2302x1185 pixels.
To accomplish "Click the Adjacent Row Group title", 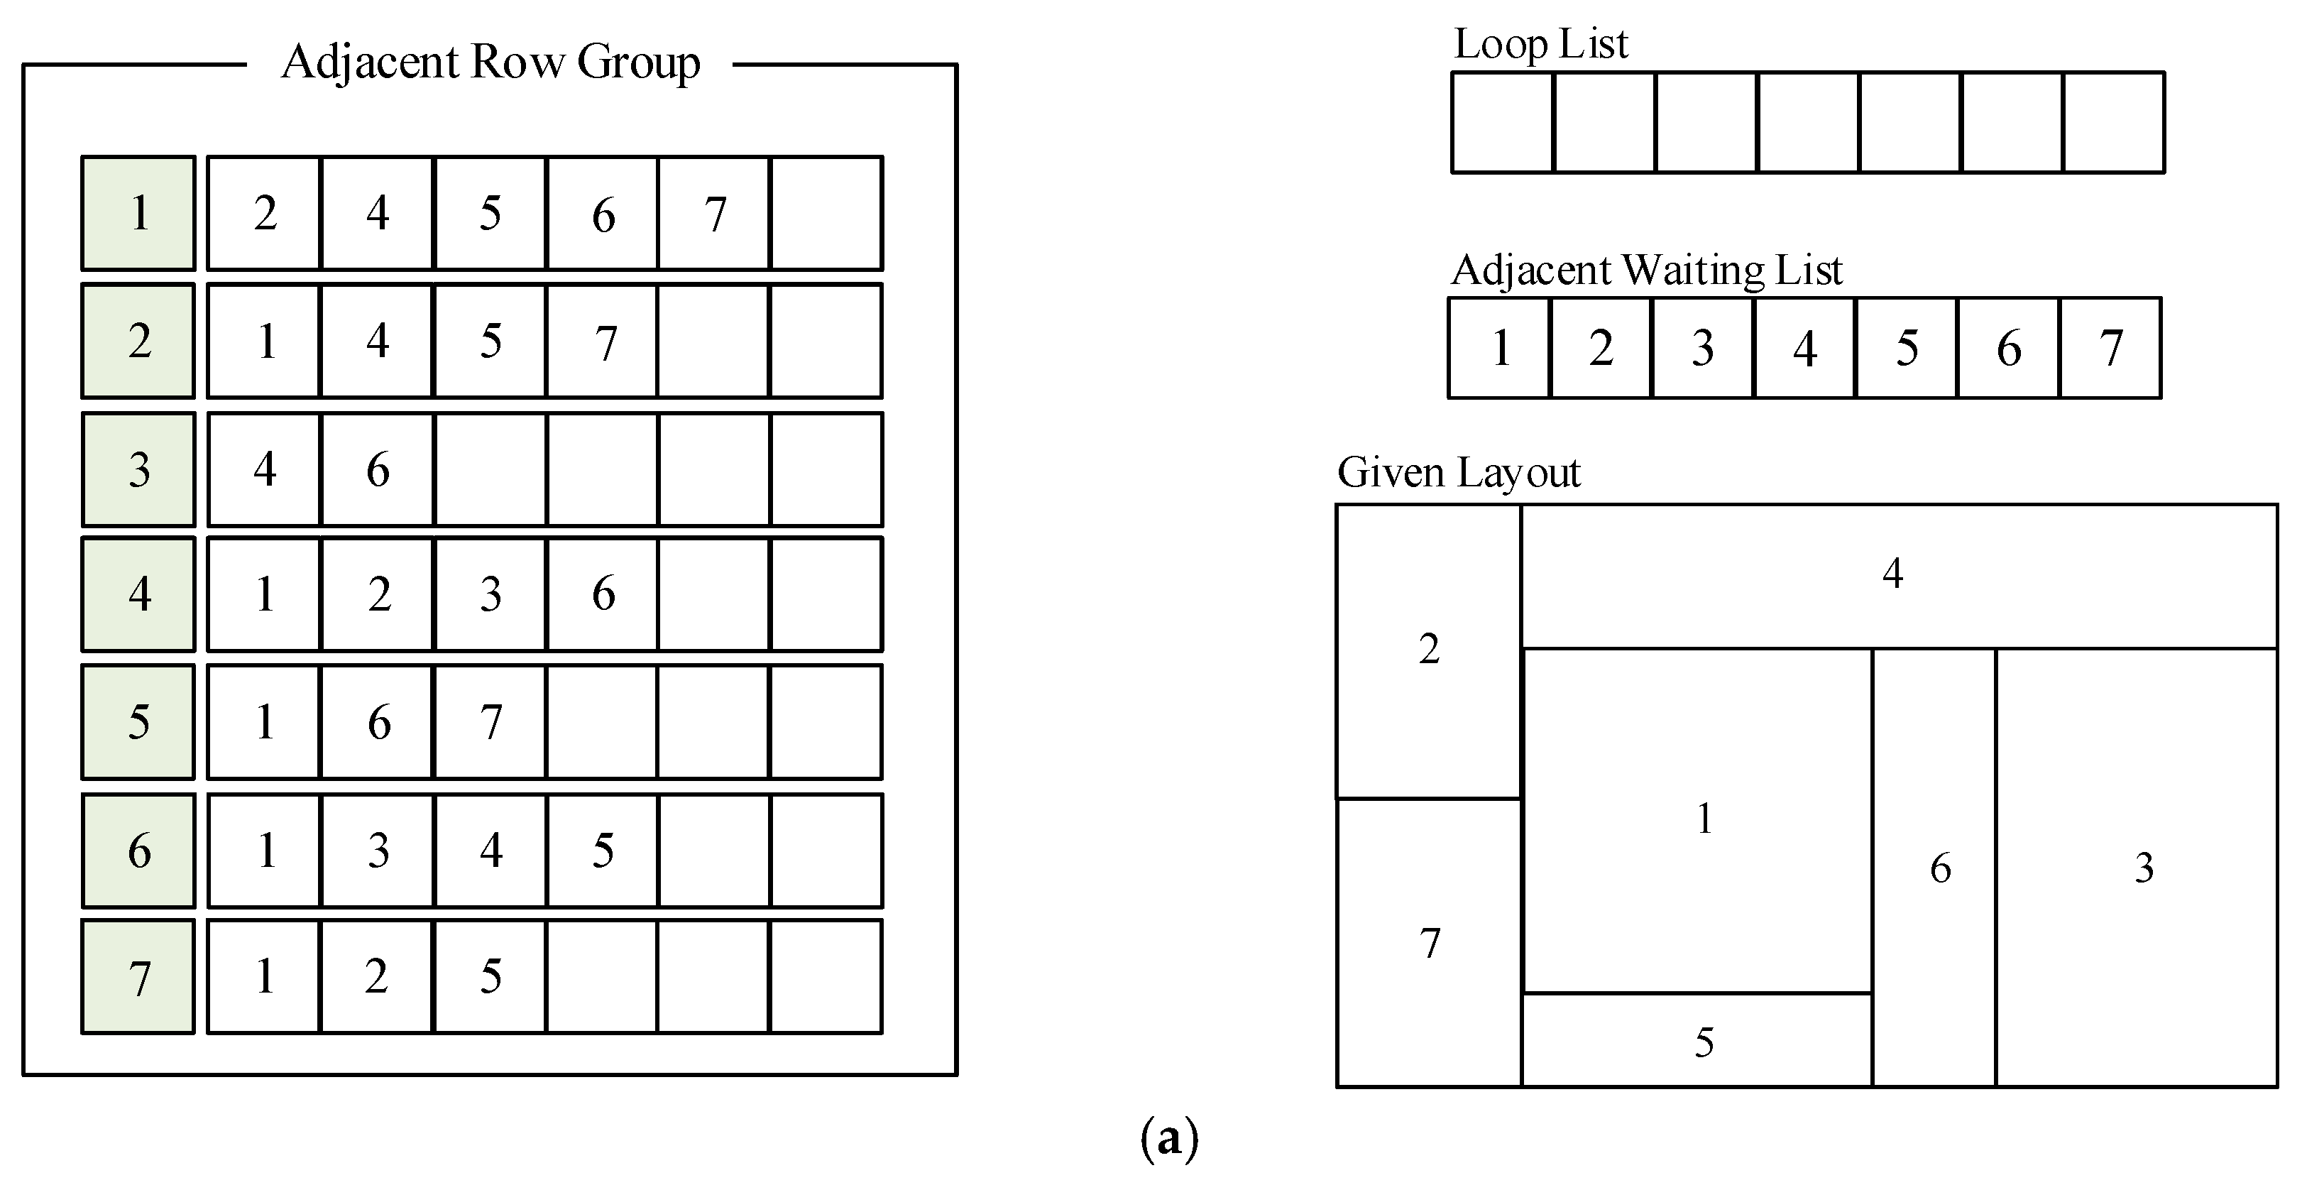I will point(490,62).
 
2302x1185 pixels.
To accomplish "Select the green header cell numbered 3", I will point(138,469).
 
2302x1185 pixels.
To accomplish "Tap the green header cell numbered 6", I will point(138,850).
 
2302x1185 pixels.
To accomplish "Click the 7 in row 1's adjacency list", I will point(714,214).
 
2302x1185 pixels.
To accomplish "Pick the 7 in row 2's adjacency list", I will point(605,342).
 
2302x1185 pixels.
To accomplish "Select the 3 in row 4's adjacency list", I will point(490,594).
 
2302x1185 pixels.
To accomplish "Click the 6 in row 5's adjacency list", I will point(378,722).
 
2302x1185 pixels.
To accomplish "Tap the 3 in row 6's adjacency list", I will point(378,850).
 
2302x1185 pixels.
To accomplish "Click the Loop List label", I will point(1540,44).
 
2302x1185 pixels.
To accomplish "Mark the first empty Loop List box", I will point(1502,122).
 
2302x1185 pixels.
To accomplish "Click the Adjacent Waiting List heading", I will point(1646,270).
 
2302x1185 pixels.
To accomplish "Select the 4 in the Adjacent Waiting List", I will point(1804,348).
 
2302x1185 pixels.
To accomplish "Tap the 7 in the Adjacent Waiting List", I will point(2111,348).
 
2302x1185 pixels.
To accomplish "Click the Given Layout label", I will point(1459,472).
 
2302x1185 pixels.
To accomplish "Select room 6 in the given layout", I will point(1940,868).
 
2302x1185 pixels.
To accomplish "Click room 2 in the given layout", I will point(1428,649).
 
